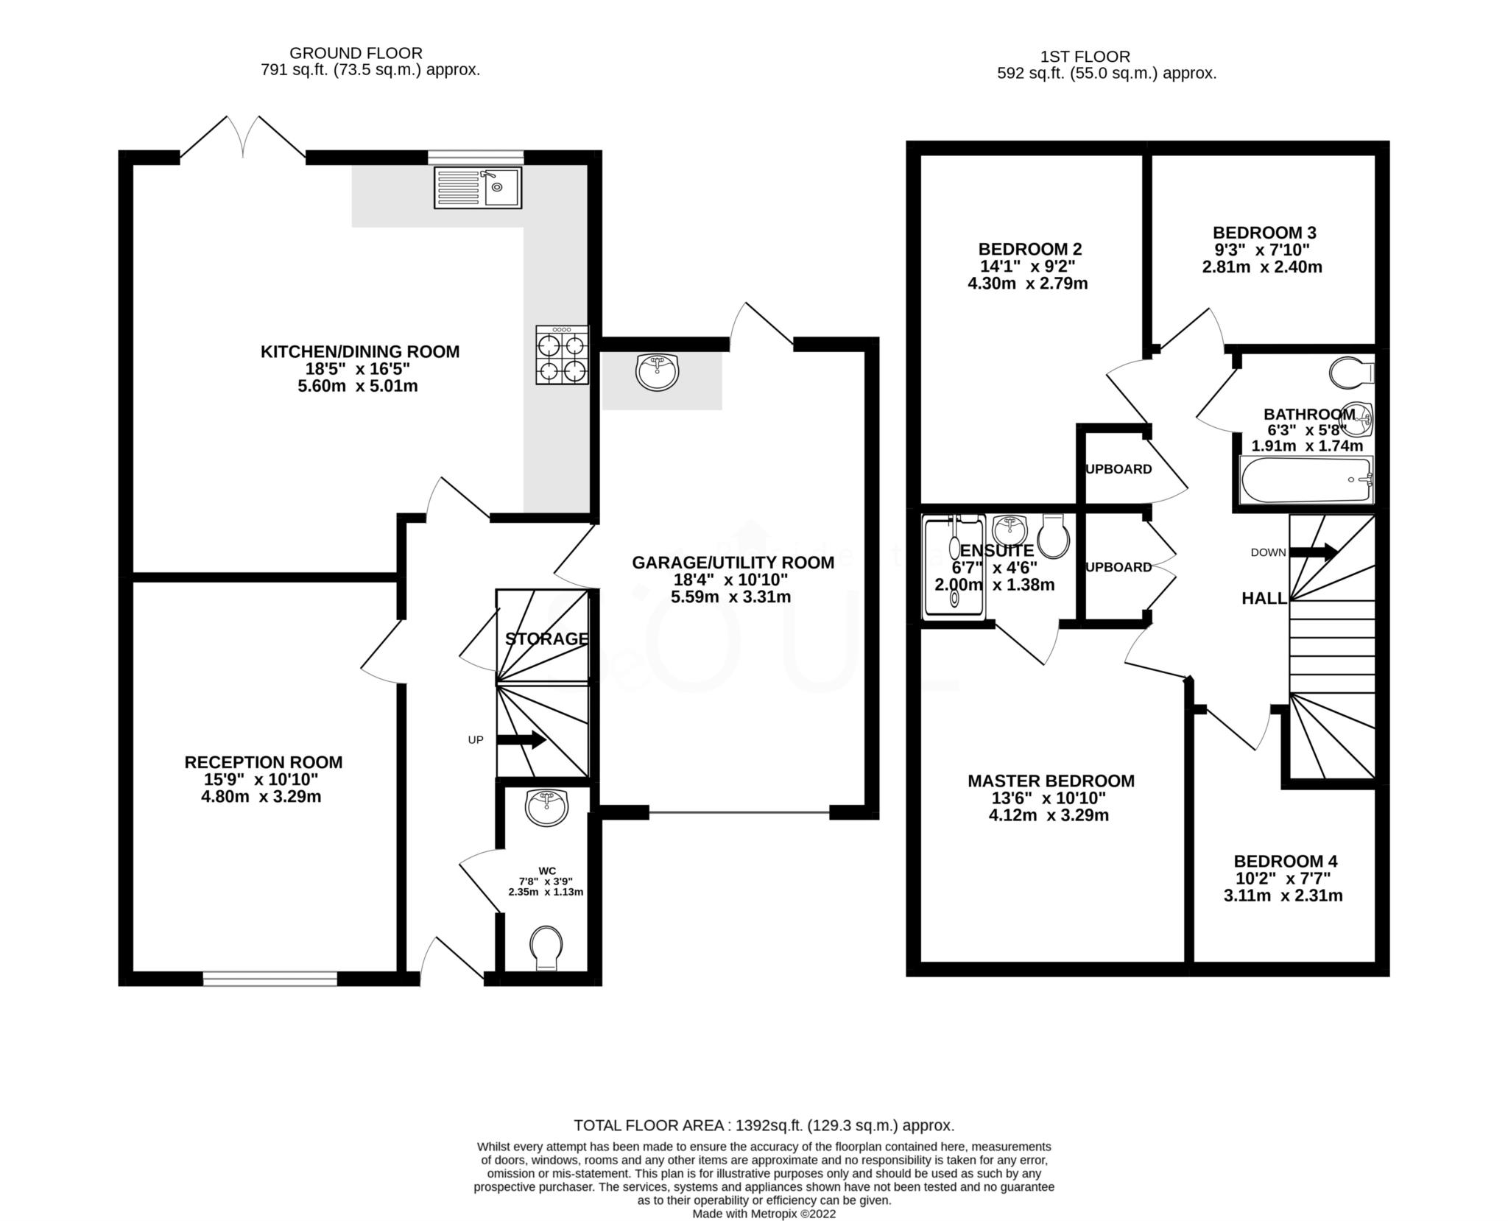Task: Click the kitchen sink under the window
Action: [477, 187]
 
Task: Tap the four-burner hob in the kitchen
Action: [562, 355]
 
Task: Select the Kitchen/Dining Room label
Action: [360, 351]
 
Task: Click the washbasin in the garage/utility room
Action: [657, 372]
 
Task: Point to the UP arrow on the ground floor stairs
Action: [521, 739]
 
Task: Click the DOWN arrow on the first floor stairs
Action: [1314, 552]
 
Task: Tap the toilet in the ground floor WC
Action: [546, 948]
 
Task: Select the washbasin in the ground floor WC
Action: [546, 807]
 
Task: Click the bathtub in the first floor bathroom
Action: [1306, 480]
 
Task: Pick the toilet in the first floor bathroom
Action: [1352, 372]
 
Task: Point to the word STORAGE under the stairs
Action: [546, 638]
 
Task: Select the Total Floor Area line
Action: [764, 1125]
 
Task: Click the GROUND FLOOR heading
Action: [356, 53]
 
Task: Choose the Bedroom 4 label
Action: [1286, 861]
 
